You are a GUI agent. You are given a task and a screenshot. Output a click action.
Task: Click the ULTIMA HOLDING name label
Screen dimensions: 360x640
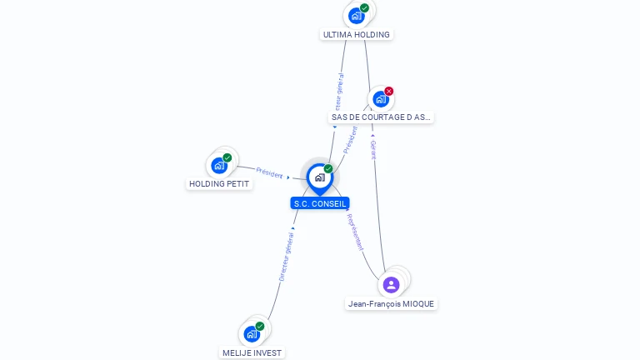pos(356,35)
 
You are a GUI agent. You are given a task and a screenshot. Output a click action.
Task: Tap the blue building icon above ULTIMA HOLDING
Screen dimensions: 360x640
pos(356,15)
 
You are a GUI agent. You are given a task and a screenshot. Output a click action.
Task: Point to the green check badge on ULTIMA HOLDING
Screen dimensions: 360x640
pos(364,7)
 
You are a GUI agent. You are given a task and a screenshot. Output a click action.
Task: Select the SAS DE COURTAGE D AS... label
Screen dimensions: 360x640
pos(381,117)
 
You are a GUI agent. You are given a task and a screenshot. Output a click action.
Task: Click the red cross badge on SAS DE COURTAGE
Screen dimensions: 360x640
pos(388,92)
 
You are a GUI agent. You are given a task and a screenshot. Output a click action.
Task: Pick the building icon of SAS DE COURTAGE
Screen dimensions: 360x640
pos(380,99)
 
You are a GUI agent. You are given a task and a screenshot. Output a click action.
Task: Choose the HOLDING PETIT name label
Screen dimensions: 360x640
pos(219,183)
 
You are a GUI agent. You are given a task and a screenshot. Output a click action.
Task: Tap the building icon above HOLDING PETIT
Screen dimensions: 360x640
pos(219,165)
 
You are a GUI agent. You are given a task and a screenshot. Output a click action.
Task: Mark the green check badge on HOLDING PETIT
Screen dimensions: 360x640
pos(227,157)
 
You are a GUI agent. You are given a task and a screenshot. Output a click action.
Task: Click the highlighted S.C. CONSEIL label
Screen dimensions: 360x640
pos(320,203)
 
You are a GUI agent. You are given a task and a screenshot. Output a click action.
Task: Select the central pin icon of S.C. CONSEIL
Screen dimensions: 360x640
pos(319,177)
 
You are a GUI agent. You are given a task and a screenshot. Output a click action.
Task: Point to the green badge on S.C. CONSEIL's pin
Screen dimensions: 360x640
pos(328,169)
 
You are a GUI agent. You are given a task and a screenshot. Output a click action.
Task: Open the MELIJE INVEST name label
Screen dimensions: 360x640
pos(252,352)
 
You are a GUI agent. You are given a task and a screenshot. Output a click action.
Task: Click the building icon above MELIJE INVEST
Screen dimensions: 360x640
pos(252,334)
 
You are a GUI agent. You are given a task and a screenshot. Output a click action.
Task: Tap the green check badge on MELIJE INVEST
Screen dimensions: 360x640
pos(259,327)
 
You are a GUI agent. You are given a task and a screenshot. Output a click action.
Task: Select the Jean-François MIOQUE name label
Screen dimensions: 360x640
pos(391,304)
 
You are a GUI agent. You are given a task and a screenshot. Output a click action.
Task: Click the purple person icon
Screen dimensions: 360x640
pos(391,285)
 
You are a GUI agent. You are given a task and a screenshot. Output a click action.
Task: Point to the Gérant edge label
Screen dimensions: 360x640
pos(373,150)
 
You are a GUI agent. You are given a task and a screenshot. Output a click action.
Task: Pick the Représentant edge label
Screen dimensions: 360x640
pos(355,232)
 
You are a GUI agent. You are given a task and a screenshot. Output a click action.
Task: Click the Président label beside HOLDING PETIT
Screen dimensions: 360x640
pos(269,172)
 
